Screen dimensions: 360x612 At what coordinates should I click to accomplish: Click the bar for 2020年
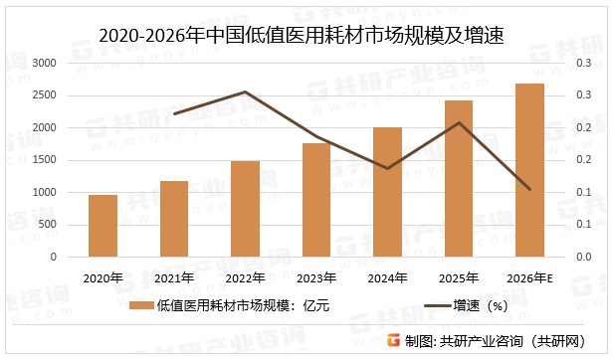[x=103, y=226]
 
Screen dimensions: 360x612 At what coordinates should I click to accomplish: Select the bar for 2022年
[x=246, y=209]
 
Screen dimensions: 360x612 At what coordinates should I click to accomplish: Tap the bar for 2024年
[x=388, y=192]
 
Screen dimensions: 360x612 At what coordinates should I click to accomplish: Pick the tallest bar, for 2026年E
[x=530, y=170]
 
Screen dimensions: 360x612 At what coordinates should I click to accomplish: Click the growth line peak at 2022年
[x=246, y=91]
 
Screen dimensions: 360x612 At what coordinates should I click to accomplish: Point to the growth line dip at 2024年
[x=388, y=168]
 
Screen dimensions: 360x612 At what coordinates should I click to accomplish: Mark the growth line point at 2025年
[x=459, y=122]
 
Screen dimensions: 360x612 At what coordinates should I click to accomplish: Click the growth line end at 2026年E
[x=530, y=189]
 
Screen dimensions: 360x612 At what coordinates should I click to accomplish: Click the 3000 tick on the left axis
[x=45, y=63]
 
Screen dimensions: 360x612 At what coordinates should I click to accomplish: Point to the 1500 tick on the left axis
[x=45, y=160]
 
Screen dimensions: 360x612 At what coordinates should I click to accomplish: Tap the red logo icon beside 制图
[x=393, y=341]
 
